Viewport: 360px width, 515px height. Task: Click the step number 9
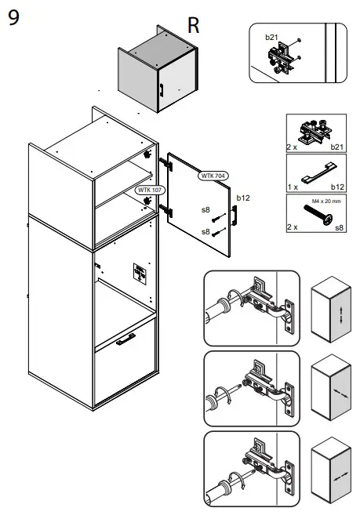[13, 18]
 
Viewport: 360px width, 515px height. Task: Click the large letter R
[193, 25]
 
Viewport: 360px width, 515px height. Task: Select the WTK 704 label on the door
[213, 176]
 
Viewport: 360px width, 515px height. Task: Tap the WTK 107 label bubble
[150, 190]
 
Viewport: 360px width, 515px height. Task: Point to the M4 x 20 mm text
[326, 201]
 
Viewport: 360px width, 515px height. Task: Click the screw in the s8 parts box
[318, 215]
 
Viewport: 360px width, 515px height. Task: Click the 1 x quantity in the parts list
[293, 187]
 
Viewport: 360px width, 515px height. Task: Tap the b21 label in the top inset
[271, 38]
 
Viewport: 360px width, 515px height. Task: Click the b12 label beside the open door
[243, 198]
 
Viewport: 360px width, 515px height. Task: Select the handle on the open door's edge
[235, 216]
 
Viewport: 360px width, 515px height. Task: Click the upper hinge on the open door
[165, 163]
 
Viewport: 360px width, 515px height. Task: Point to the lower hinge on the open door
[165, 210]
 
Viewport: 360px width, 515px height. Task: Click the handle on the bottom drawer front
[125, 339]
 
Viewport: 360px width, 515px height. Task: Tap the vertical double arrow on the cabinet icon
[340, 314]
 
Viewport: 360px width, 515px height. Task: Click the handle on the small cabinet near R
[162, 90]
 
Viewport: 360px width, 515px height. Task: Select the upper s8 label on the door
[205, 210]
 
